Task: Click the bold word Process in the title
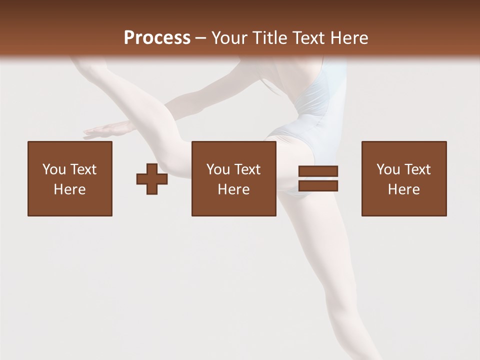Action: [157, 37]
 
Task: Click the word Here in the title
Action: [350, 37]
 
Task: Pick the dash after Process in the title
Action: [201, 38]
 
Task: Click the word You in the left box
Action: [53, 169]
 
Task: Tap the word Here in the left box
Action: [69, 189]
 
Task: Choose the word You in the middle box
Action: [217, 169]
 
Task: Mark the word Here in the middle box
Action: [233, 189]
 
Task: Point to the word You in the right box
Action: [387, 169]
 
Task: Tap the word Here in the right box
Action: [403, 189]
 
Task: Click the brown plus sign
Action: [152, 178]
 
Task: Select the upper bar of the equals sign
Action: [318, 171]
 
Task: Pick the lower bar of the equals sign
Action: [318, 185]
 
